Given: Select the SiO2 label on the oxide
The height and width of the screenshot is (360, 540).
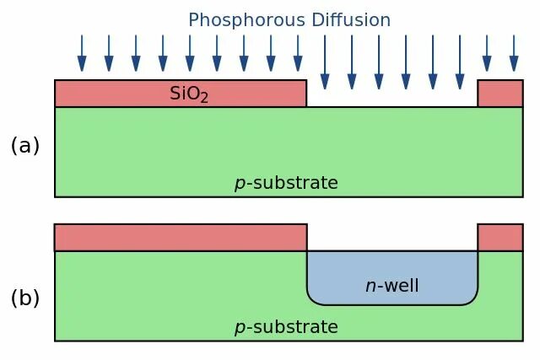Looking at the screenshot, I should [189, 94].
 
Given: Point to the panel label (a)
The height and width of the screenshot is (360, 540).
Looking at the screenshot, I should [25, 146].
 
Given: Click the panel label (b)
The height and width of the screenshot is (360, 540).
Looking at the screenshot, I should [25, 298].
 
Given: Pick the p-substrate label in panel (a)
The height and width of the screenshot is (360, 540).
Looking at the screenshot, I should [286, 183].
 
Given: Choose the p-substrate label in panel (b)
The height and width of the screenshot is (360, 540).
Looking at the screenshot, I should [286, 327].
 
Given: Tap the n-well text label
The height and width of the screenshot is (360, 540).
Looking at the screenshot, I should [391, 286].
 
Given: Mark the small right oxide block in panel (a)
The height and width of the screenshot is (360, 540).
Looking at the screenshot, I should [500, 94].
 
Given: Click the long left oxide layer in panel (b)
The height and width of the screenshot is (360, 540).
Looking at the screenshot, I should [181, 238].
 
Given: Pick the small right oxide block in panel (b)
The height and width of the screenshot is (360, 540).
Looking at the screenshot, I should [500, 238].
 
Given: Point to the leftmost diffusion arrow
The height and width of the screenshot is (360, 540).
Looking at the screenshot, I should [82, 53].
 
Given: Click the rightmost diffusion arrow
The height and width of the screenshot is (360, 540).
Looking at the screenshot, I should [514, 53].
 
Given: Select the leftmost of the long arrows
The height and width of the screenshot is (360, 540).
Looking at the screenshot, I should [325, 62].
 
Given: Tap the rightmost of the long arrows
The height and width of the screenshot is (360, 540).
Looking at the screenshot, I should [460, 62].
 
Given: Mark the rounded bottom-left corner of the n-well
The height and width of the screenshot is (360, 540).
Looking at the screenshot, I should [314, 298].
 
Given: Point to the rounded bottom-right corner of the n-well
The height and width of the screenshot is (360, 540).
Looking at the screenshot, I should [471, 298].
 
